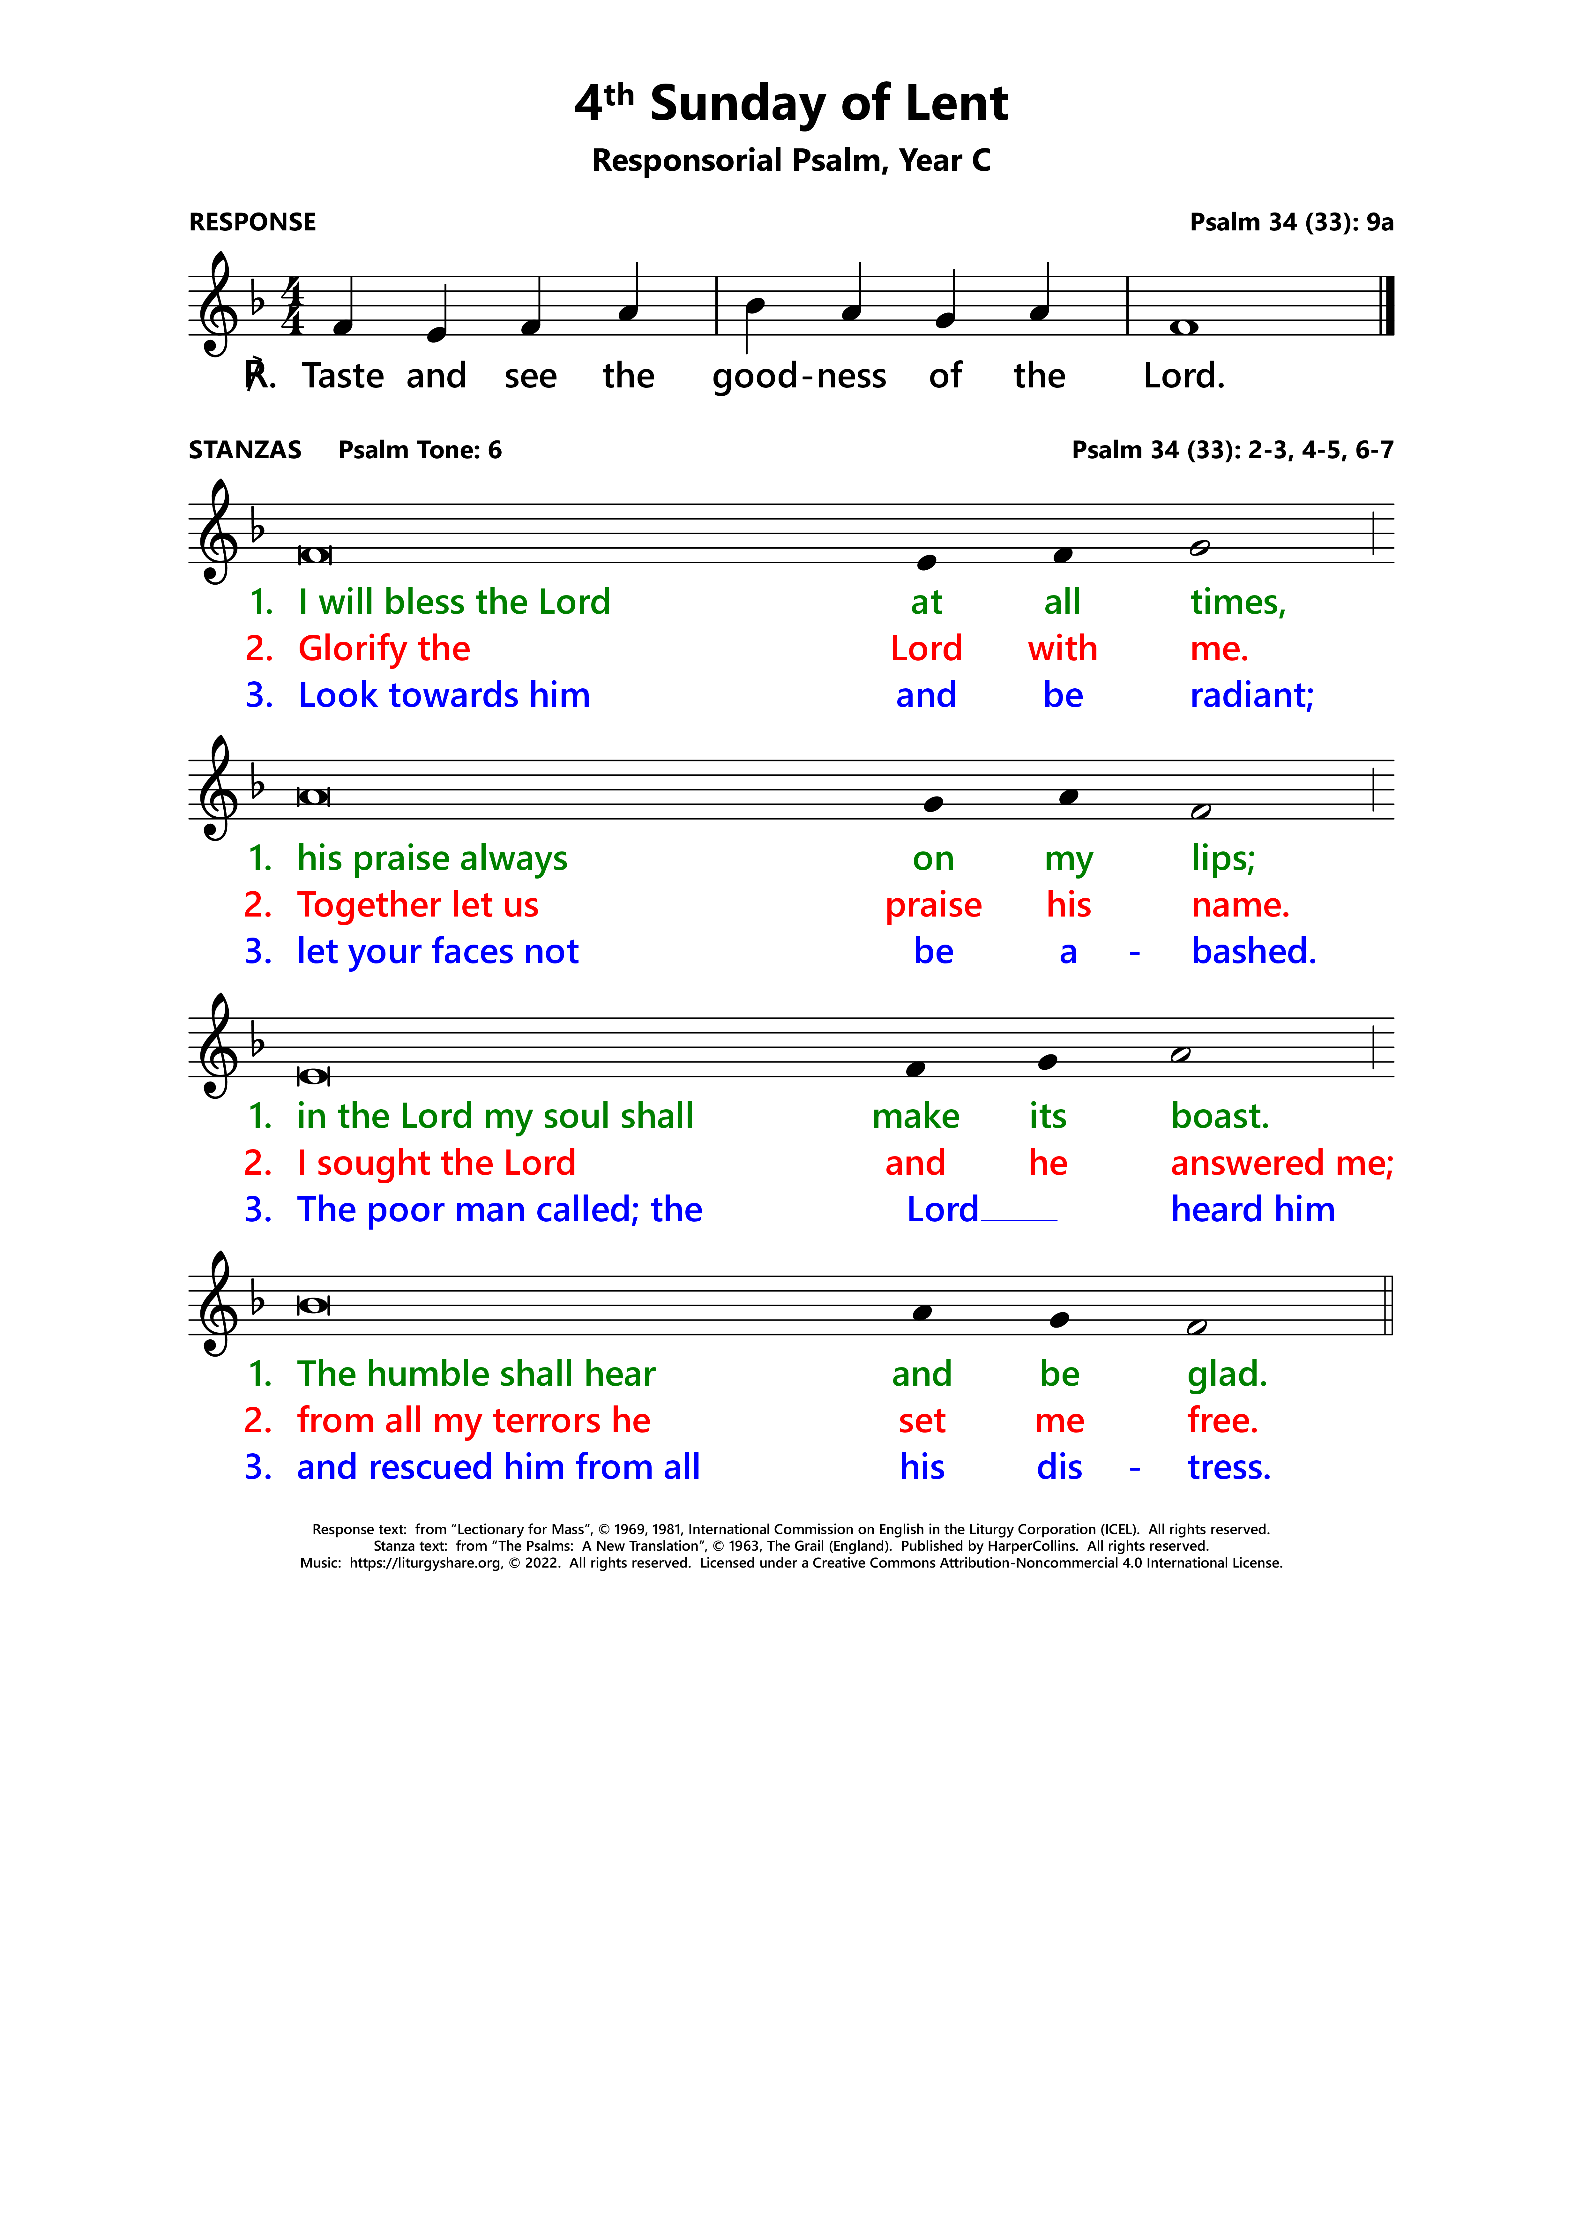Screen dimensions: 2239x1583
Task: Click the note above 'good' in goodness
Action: coord(754,305)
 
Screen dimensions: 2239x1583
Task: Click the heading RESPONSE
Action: coord(253,222)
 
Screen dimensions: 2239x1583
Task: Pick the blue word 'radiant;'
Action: coord(1251,695)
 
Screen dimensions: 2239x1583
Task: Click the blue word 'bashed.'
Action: coord(1253,952)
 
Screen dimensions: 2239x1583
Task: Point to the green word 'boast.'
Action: coord(1219,1117)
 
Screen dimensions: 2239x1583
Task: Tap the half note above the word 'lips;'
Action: coord(1201,811)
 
